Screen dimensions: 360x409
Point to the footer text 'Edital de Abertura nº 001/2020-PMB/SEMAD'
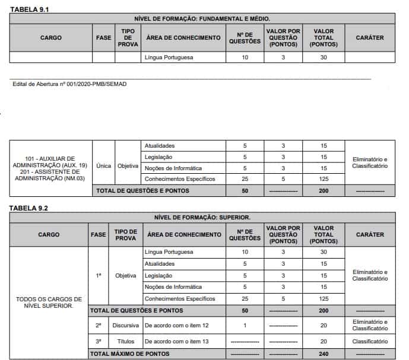click(69, 84)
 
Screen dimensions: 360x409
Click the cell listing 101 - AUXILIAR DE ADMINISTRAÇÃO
click(51, 168)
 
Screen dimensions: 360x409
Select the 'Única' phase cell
click(104, 165)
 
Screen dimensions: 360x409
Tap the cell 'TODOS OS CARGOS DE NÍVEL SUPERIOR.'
click(49, 302)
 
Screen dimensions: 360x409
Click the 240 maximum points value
click(324, 353)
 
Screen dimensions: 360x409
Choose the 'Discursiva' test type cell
click(126, 326)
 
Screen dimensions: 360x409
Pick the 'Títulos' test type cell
click(126, 342)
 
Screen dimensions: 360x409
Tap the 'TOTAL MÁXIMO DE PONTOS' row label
click(125, 353)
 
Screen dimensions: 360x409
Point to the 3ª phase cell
click(99, 342)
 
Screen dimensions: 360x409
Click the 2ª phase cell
click(99, 326)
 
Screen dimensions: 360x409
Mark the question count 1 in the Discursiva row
click(245, 326)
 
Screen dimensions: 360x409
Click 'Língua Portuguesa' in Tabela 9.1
click(169, 58)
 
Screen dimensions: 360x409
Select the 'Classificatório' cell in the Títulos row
click(370, 342)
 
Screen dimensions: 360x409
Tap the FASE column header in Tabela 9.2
click(99, 234)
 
